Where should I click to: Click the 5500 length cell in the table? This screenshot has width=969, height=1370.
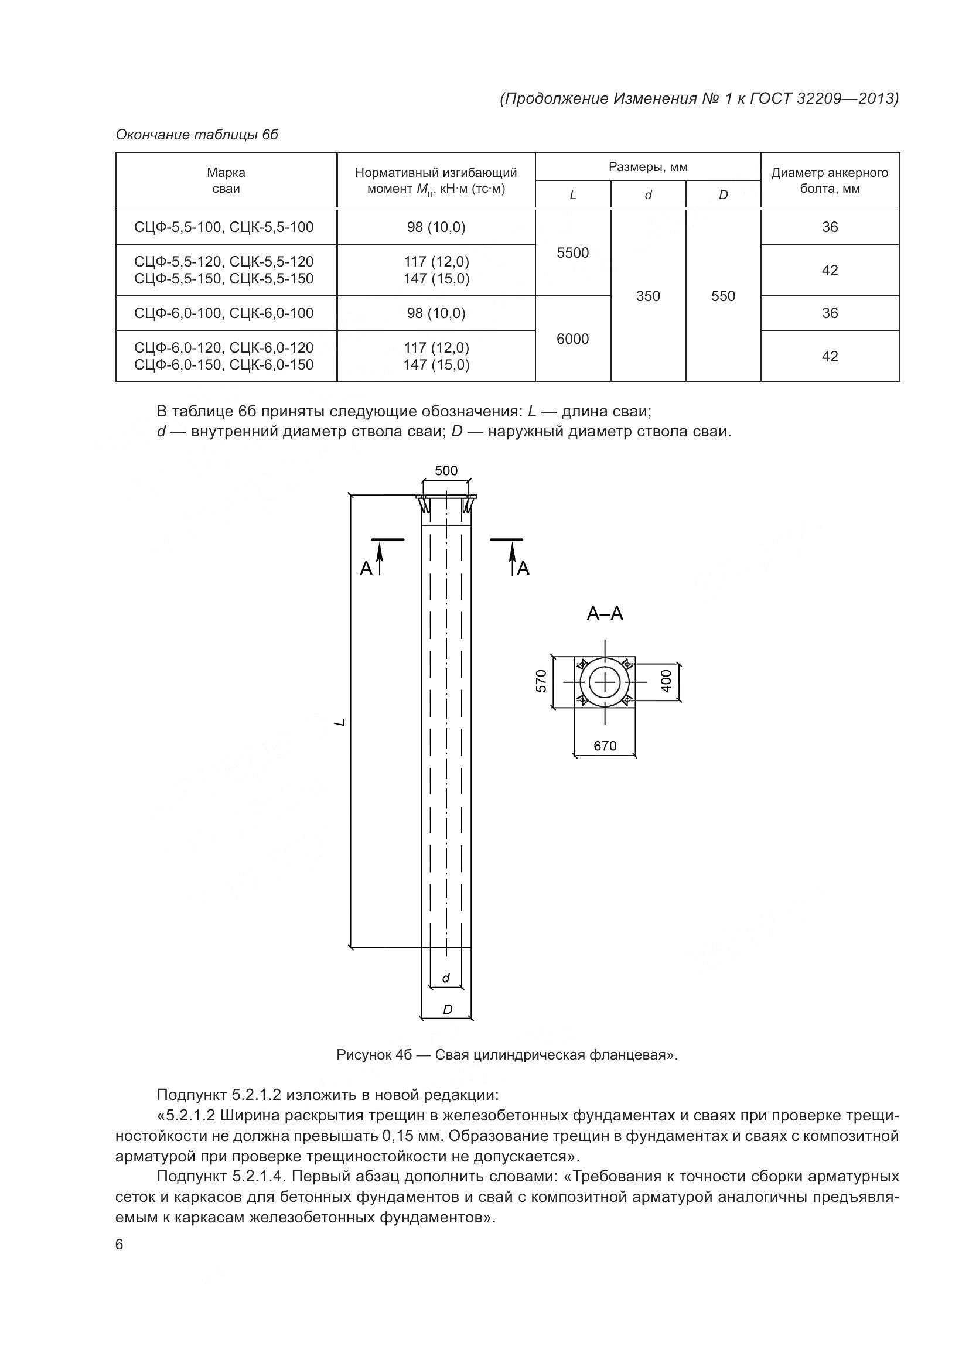(572, 252)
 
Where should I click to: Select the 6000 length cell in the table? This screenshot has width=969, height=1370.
(572, 339)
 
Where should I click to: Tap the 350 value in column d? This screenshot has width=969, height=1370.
(647, 296)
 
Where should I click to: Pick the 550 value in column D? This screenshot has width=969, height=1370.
(722, 296)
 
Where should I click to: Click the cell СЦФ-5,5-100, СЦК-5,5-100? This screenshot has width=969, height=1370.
(224, 227)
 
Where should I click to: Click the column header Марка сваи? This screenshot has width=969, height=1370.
(226, 180)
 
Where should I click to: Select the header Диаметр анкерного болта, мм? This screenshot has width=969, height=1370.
(830, 180)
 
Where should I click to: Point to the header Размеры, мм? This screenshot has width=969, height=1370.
(647, 167)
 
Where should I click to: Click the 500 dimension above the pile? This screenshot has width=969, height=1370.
(446, 470)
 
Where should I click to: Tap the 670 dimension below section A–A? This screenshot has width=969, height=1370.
(605, 745)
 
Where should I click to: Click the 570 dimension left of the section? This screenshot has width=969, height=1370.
(541, 681)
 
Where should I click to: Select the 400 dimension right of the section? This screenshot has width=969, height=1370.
(667, 681)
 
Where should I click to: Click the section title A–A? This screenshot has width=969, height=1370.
(605, 613)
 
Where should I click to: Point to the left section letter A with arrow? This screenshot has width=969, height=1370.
(366, 569)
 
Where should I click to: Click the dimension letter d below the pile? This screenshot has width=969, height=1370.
(445, 979)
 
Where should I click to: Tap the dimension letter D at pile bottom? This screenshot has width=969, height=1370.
(447, 1010)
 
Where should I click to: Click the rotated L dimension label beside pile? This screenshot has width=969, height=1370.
(340, 723)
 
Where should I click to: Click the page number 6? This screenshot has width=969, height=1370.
(120, 1245)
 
